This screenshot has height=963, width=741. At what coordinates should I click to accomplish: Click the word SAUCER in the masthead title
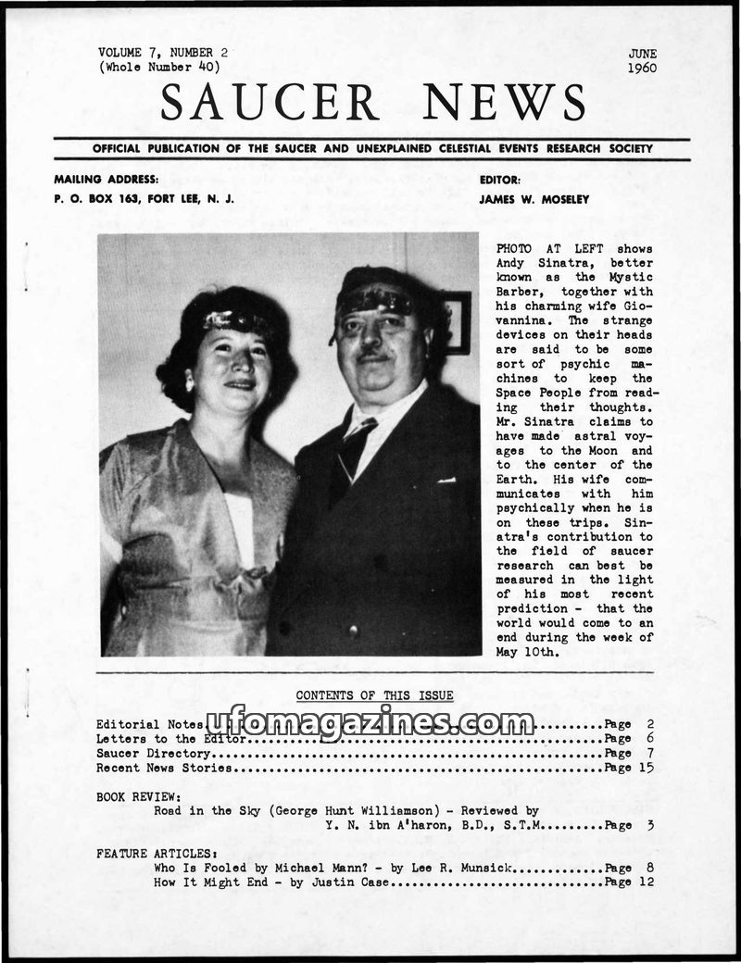pyautogui.click(x=270, y=101)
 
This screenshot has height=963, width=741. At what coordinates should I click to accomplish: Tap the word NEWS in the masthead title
pyautogui.click(x=504, y=101)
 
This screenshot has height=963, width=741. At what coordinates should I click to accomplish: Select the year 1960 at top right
pyautogui.click(x=641, y=68)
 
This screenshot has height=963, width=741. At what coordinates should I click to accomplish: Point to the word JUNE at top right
pyautogui.click(x=642, y=54)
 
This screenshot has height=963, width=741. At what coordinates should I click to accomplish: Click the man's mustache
pyautogui.click(x=370, y=355)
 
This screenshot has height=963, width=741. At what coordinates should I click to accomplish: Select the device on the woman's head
pyautogui.click(x=228, y=321)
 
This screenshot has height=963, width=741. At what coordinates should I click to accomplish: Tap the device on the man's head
pyautogui.click(x=374, y=300)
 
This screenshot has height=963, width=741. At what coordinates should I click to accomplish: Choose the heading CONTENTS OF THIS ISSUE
pyautogui.click(x=374, y=695)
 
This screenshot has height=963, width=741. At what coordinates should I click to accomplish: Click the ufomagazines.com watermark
pyautogui.click(x=370, y=723)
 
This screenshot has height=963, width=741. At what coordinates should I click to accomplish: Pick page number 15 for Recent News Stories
pyautogui.click(x=646, y=768)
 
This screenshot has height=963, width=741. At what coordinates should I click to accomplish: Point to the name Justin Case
pyautogui.click(x=358, y=882)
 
